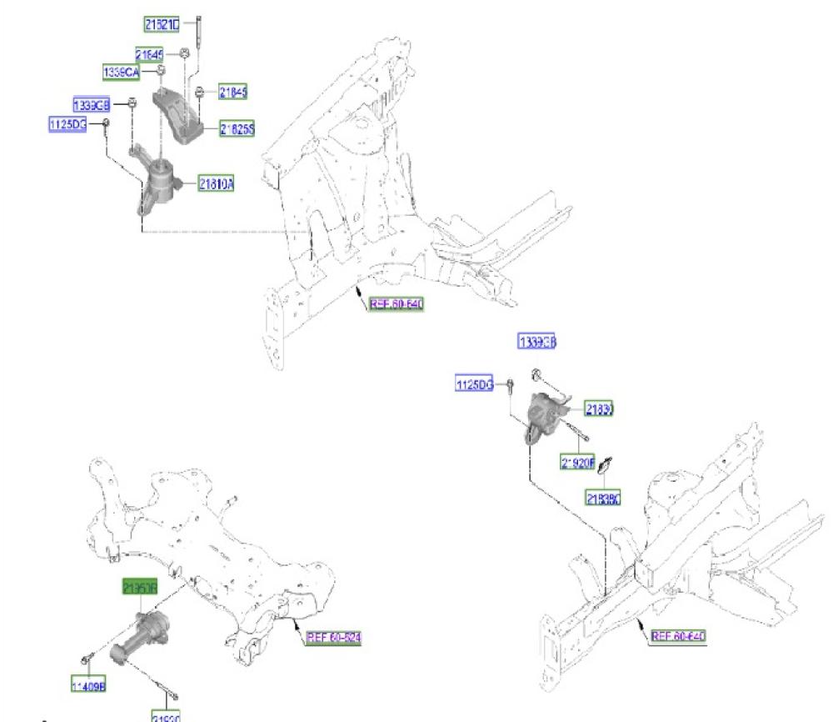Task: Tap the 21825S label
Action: (237, 129)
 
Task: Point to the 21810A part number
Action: (215, 184)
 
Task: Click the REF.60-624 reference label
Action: (334, 638)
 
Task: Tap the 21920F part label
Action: (577, 463)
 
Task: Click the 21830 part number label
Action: (599, 410)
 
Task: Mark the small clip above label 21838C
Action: (606, 461)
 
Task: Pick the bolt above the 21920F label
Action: (576, 433)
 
